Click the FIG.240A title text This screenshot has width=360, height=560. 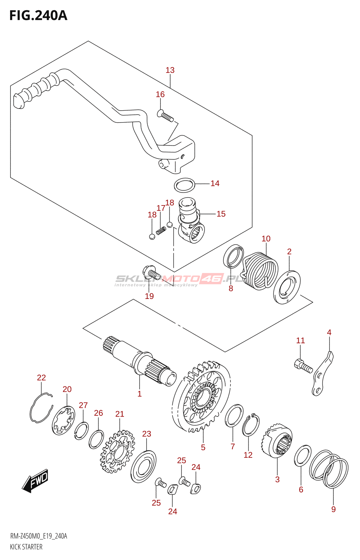(x=38, y=16)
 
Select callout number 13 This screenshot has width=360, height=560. (x=170, y=70)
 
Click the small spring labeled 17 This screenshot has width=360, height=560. (x=161, y=231)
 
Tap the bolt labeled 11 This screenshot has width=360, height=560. (x=303, y=366)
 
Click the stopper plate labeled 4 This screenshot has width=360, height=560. (x=322, y=374)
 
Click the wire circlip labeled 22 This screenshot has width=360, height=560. (x=41, y=408)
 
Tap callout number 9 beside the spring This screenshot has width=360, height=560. (x=333, y=509)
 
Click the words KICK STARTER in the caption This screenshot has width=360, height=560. (x=26, y=547)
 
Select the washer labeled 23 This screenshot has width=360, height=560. (x=143, y=466)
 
